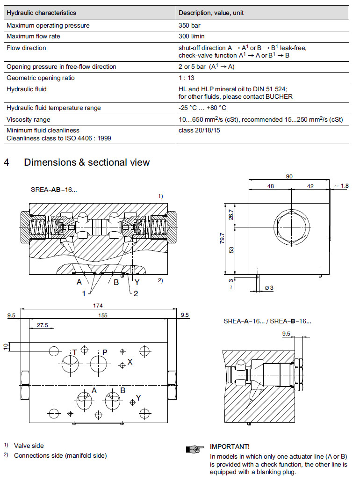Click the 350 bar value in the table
[189, 25]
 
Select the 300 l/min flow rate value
[192, 37]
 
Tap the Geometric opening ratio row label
[41, 78]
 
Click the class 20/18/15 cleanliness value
[199, 130]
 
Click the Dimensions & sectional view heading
[86, 162]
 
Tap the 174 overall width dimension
[98, 306]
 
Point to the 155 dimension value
[102, 315]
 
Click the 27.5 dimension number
[42, 325]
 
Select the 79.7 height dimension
[222, 239]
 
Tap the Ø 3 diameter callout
[269, 288]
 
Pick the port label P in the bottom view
[105, 352]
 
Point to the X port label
[130, 362]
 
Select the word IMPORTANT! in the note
[230, 446]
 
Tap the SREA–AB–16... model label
[54, 190]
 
